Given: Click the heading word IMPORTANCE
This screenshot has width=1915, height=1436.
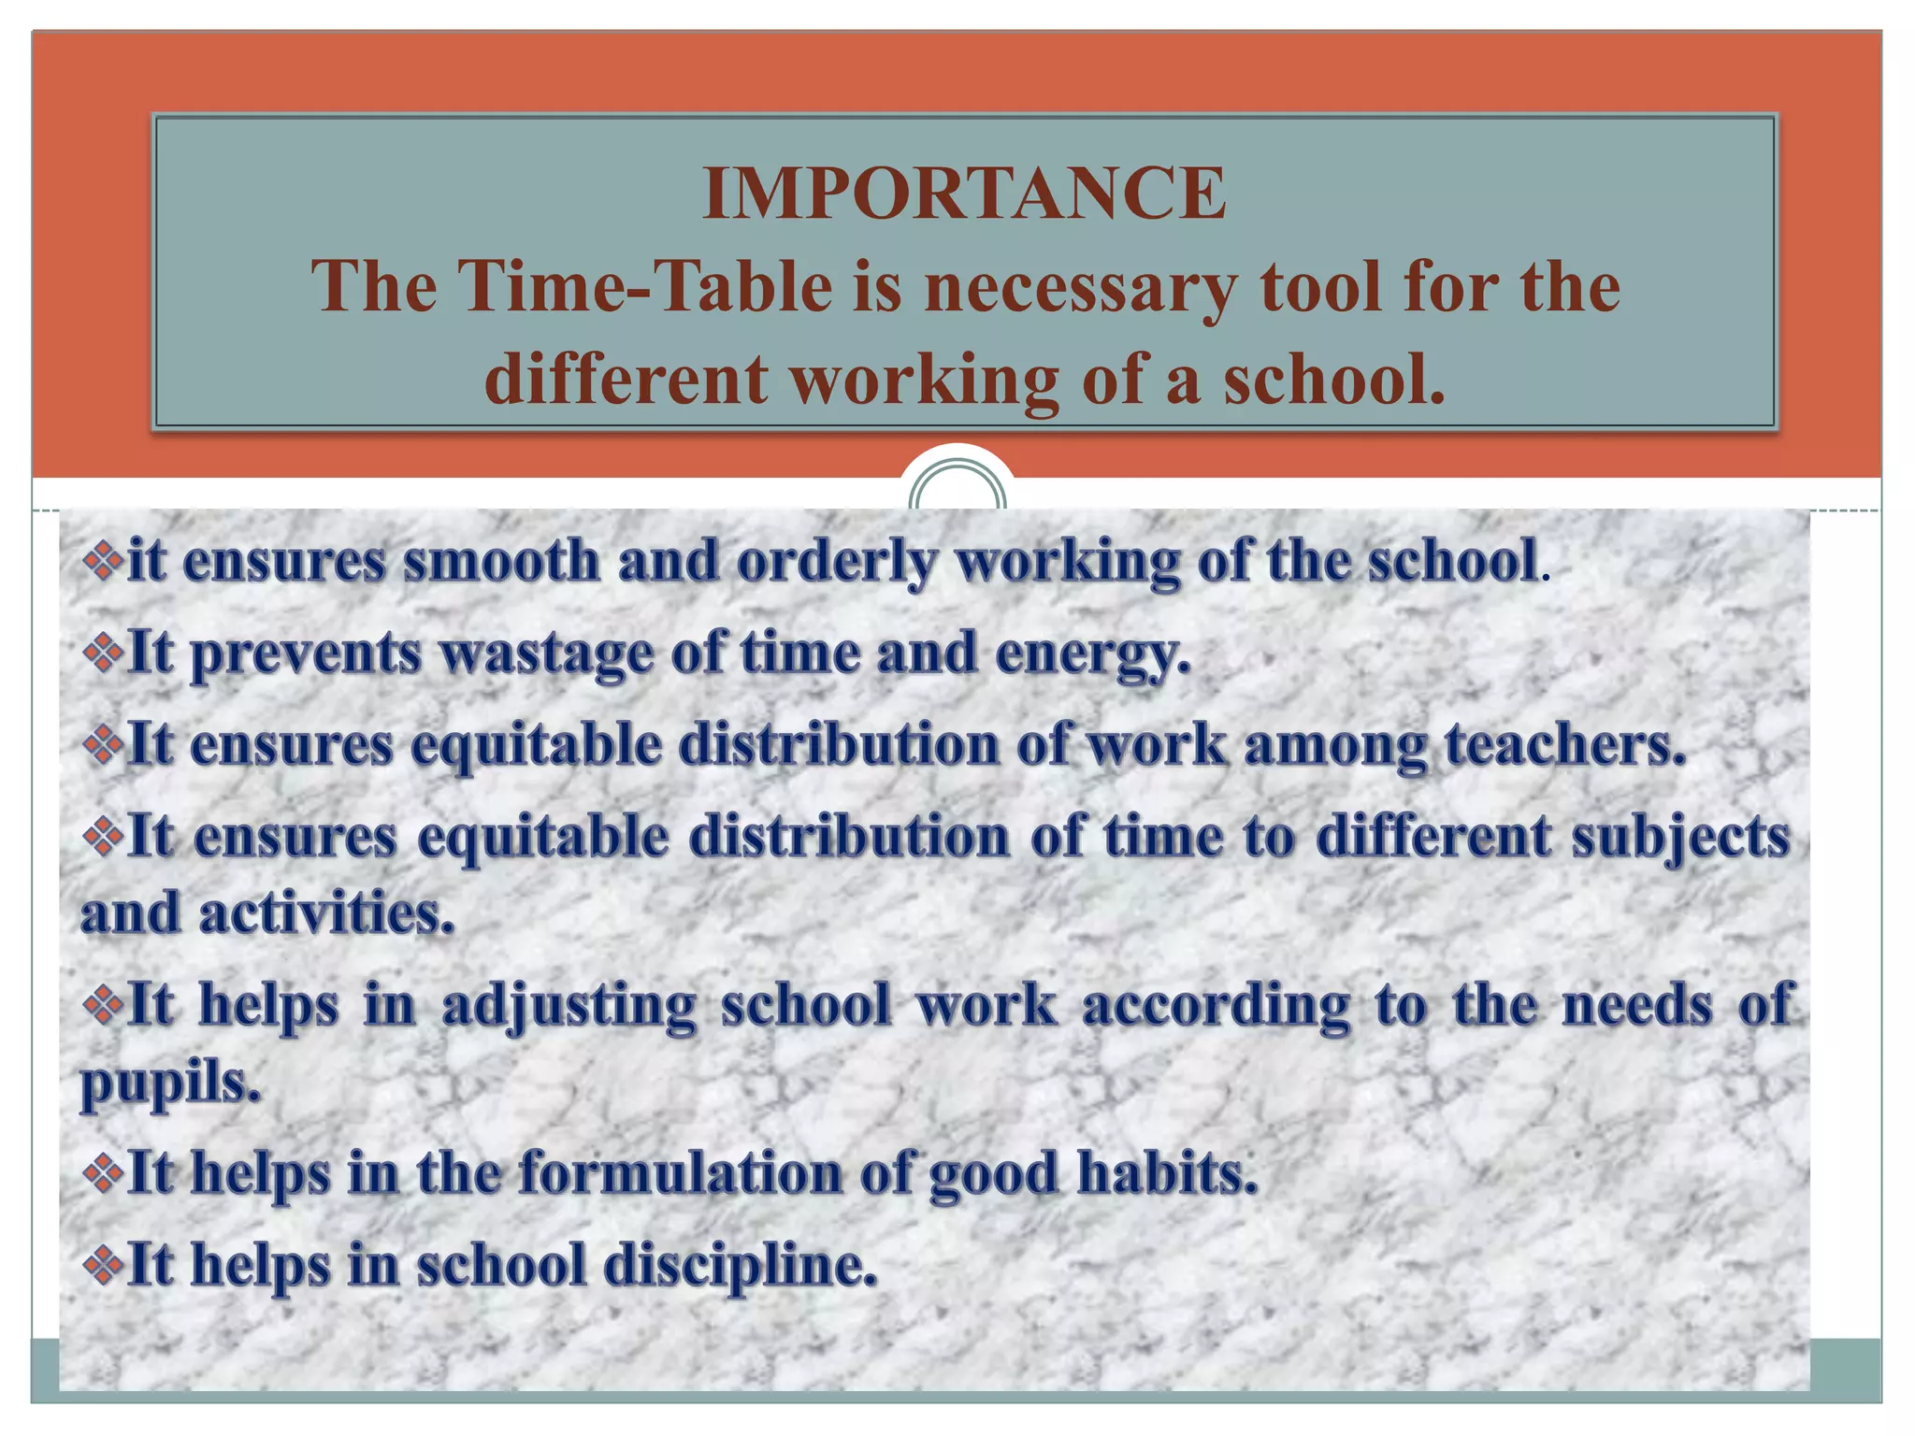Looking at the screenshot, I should (x=964, y=194).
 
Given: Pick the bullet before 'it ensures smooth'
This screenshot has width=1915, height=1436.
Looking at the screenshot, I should (x=102, y=561).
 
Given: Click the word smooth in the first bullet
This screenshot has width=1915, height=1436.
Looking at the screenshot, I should (x=501, y=561).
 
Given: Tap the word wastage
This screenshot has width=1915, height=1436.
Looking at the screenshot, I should (x=546, y=653).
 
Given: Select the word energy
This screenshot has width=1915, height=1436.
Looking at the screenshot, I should (x=1092, y=653).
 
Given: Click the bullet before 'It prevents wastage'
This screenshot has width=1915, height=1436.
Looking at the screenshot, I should (x=102, y=653).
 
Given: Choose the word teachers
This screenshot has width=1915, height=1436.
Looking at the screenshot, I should (x=1565, y=745).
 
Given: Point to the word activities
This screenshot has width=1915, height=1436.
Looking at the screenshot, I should (x=326, y=913).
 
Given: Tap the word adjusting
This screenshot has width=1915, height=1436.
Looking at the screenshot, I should (x=569, y=1006).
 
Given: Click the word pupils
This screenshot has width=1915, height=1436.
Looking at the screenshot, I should (x=169, y=1083).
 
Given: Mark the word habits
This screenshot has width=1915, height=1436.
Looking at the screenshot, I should (x=1167, y=1172).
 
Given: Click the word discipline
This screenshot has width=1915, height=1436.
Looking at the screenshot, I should (x=740, y=1265).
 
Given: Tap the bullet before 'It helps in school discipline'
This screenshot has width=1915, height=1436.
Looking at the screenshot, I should (x=102, y=1265).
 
